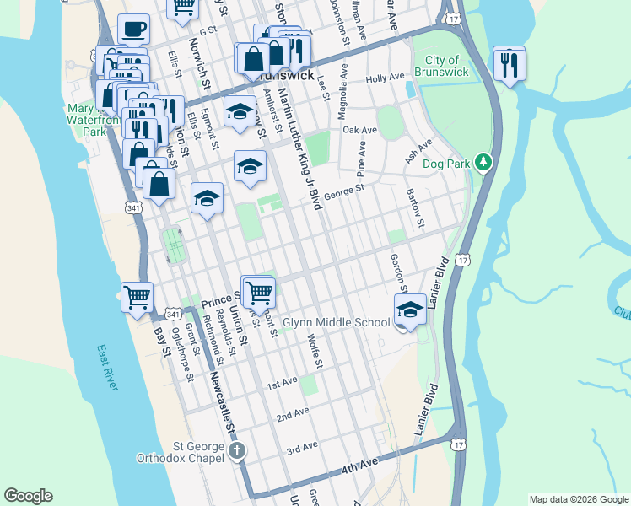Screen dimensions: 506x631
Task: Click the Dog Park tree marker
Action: pyautogui.click(x=483, y=161)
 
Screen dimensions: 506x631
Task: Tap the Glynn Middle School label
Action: pyautogui.click(x=336, y=322)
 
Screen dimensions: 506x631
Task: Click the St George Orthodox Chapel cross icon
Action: pyautogui.click(x=237, y=450)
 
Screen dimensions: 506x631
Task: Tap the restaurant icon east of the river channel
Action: pyautogui.click(x=509, y=63)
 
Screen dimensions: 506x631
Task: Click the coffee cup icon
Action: pyautogui.click(x=133, y=30)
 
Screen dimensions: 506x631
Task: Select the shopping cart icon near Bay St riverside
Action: pyautogui.click(x=137, y=297)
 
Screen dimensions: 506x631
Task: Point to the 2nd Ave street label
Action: pyautogui.click(x=293, y=414)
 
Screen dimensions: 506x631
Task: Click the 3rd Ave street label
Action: pyautogui.click(x=301, y=445)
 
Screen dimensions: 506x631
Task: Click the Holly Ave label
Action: pyautogui.click(x=386, y=78)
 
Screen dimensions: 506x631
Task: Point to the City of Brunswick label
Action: pyautogui.click(x=442, y=66)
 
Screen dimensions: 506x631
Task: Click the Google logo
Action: pyautogui.click(x=28, y=496)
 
